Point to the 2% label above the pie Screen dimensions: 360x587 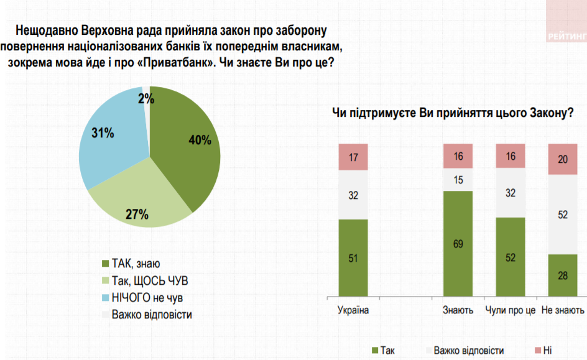[x=146, y=98]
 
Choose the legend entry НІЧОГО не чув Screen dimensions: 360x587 [x=147, y=297]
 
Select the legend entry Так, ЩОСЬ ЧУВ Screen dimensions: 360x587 [x=149, y=281]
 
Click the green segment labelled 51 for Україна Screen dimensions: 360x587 [x=353, y=257]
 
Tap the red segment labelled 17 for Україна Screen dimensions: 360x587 [x=353, y=157]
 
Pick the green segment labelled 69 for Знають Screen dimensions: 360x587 [x=458, y=243]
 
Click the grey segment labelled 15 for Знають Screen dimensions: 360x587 [x=458, y=180]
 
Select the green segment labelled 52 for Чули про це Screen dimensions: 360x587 [x=510, y=256]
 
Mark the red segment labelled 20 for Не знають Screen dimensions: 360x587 [x=563, y=159]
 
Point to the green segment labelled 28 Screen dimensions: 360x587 [x=563, y=275]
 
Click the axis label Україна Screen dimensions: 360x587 [x=353, y=310]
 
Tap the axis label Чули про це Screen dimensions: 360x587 [x=510, y=310]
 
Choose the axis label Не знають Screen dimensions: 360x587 [x=563, y=310]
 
